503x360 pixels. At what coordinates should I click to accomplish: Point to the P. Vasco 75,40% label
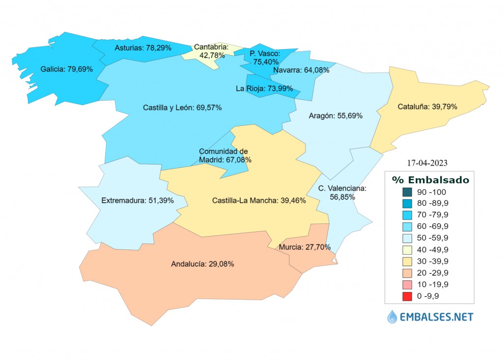[265, 57]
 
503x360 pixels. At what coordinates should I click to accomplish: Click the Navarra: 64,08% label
[301, 70]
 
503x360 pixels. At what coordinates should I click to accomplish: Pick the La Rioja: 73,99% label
[264, 88]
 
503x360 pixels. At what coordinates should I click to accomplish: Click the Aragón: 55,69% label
[335, 116]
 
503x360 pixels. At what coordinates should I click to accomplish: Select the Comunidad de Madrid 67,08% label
[225, 156]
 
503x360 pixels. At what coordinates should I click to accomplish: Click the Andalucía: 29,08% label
[202, 264]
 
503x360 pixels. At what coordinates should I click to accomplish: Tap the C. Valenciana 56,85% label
[342, 193]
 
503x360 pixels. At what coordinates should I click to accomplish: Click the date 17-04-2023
[427, 162]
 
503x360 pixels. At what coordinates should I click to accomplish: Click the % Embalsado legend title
[430, 180]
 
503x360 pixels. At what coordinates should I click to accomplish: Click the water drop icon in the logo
[392, 317]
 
